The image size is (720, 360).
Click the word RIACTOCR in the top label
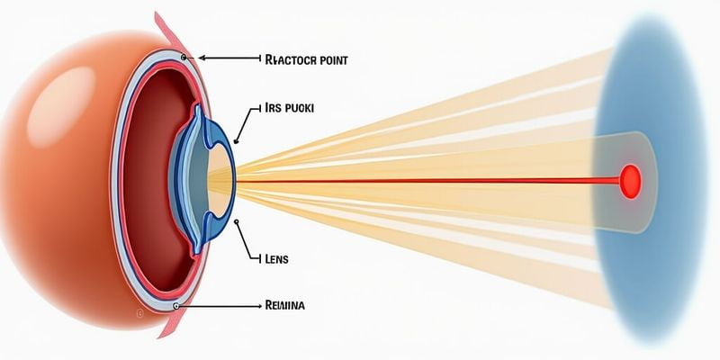[291, 60]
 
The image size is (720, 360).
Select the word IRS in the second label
[274, 107]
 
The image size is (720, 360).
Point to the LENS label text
[276, 258]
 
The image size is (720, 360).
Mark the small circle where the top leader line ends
[184, 57]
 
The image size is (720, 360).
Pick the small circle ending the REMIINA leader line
[176, 306]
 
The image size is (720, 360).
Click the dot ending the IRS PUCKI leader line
[236, 140]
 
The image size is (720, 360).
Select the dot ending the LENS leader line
[235, 220]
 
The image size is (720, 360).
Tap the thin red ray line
[405, 181]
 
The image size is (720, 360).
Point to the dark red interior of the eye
[148, 180]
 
